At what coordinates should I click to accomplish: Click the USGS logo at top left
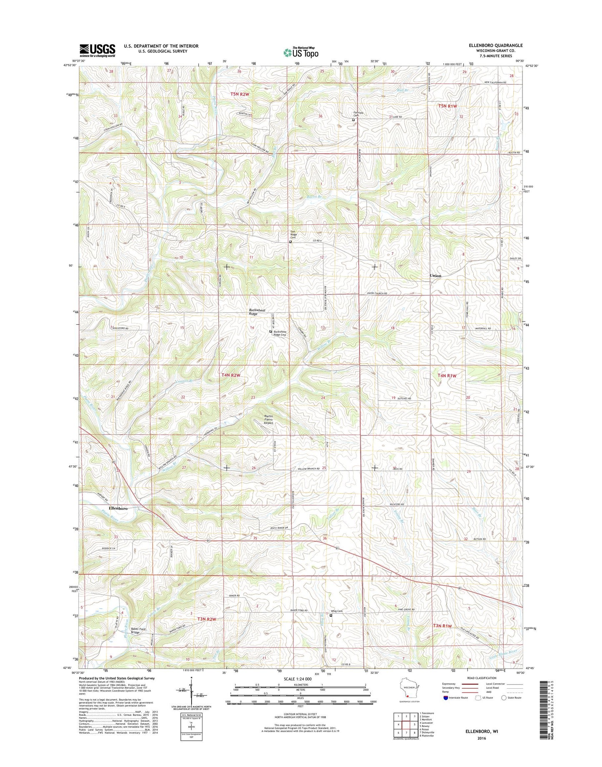click(x=97, y=51)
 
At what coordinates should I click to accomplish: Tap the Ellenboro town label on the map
click(x=118, y=508)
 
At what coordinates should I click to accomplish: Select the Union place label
click(x=436, y=276)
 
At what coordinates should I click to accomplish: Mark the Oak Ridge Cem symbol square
click(x=290, y=241)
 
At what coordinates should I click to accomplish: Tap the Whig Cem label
click(x=337, y=611)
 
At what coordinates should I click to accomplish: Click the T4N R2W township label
click(x=231, y=375)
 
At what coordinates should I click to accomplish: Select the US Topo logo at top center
click(x=301, y=52)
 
